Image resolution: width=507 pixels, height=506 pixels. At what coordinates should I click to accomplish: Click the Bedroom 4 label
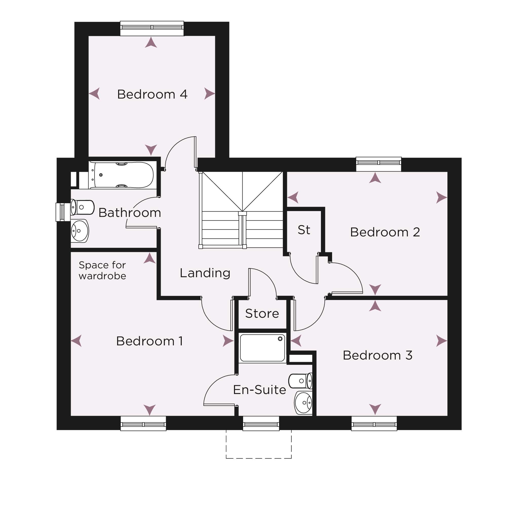click(x=152, y=95)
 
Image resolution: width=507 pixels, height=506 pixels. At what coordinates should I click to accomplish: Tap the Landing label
click(x=205, y=273)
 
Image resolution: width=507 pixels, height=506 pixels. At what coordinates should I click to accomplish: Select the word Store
click(x=262, y=313)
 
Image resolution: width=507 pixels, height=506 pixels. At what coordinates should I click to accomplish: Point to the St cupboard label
click(x=304, y=230)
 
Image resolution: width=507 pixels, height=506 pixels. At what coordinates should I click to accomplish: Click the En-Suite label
click(x=259, y=389)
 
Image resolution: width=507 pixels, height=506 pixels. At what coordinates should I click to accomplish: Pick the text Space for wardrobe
click(x=102, y=270)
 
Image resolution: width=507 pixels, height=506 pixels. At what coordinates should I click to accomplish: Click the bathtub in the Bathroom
click(x=123, y=175)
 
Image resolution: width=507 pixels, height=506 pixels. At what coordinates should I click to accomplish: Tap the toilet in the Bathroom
click(x=82, y=207)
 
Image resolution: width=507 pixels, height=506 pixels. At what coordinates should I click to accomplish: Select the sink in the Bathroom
click(x=80, y=231)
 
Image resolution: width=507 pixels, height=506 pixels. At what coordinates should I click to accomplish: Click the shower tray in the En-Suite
click(x=262, y=348)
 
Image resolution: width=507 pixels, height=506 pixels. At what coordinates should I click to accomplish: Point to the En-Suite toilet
click(x=300, y=381)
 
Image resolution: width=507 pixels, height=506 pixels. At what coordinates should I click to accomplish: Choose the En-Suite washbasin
click(x=303, y=403)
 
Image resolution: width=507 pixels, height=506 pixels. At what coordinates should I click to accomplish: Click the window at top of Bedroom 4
click(x=152, y=28)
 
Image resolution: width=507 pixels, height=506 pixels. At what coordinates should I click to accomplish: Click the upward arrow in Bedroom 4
click(x=151, y=43)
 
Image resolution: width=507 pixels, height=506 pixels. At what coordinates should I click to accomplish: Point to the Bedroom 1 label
click(x=150, y=341)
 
